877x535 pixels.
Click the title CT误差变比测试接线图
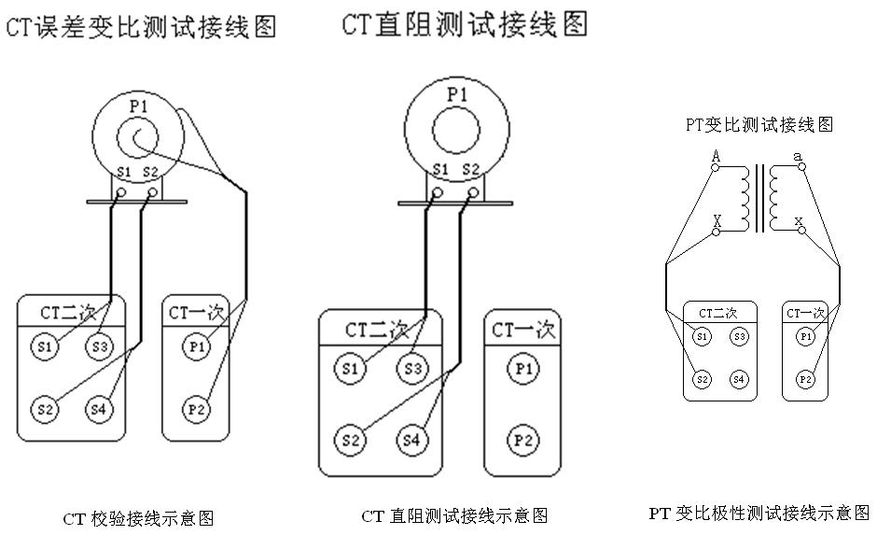tap(141, 27)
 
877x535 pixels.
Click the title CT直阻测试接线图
tap(464, 23)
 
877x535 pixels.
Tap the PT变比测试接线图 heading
tap(759, 123)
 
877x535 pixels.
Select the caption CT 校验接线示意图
tap(139, 518)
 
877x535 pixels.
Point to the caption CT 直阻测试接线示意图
tap(454, 515)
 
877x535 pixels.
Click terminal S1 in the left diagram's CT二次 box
tap(43, 347)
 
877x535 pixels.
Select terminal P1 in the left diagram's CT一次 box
tap(195, 347)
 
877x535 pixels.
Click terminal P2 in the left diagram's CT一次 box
tap(195, 409)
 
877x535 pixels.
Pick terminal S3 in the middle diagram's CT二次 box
tap(412, 368)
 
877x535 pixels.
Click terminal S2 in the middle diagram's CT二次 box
tap(351, 439)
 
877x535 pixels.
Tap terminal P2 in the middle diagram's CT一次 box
tap(522, 439)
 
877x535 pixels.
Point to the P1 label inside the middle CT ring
tap(456, 94)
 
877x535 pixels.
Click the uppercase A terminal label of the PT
tap(716, 156)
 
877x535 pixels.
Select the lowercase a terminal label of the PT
tap(798, 156)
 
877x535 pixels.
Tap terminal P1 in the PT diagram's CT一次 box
tap(804, 336)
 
